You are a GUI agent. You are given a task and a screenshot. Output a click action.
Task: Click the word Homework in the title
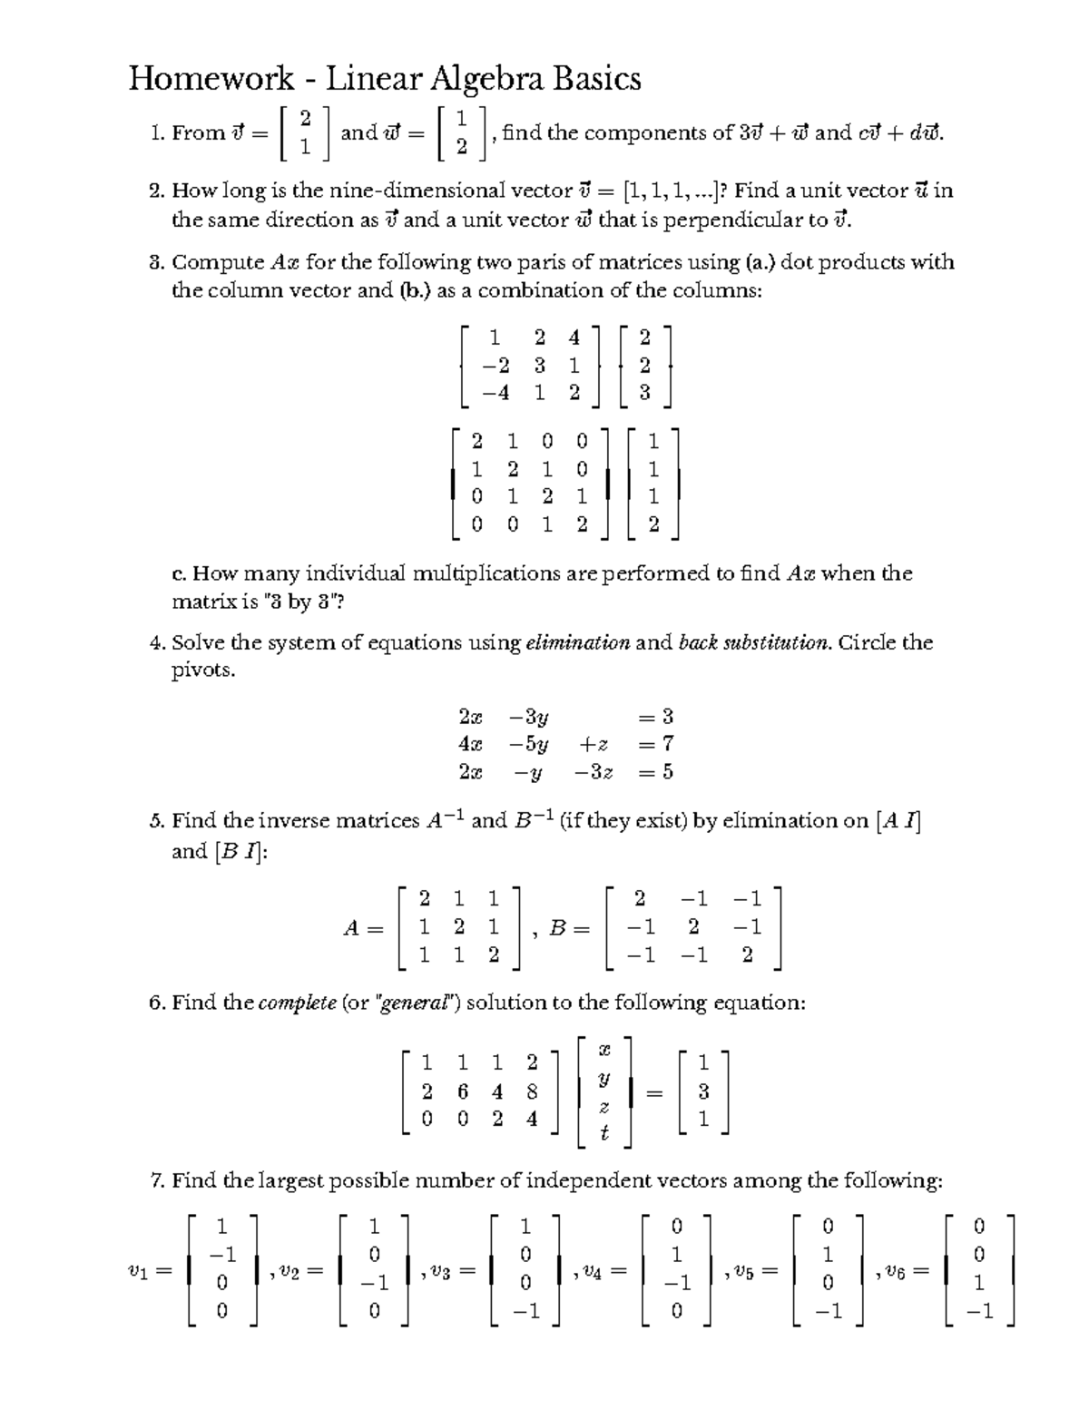pyautogui.click(x=211, y=80)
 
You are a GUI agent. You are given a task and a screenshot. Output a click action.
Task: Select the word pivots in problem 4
pyautogui.click(x=203, y=671)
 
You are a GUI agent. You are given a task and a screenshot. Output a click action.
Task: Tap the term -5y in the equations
pyautogui.click(x=528, y=745)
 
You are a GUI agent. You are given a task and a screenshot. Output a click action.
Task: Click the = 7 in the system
pyautogui.click(x=655, y=745)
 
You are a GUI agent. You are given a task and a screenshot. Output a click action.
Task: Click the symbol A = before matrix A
pyautogui.click(x=362, y=928)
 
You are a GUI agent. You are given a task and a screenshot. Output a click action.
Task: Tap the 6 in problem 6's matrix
pyautogui.click(x=463, y=1091)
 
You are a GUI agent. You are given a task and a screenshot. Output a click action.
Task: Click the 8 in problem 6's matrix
pyautogui.click(x=532, y=1091)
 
